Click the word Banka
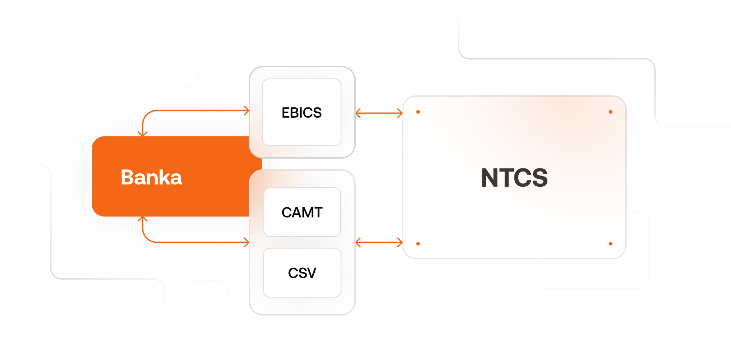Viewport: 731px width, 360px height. click(151, 177)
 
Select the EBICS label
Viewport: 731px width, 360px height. click(302, 113)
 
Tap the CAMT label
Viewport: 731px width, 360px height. click(302, 213)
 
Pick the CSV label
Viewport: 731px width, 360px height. click(302, 273)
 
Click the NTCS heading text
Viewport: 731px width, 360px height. click(514, 178)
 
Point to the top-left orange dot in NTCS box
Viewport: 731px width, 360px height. click(418, 112)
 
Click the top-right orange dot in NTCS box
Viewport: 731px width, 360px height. click(611, 112)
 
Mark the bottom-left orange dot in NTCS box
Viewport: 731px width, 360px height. click(418, 244)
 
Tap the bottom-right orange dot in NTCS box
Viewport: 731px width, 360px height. click(611, 244)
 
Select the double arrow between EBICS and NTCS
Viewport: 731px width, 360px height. click(379, 113)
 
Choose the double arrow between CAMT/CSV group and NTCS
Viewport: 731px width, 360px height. click(379, 242)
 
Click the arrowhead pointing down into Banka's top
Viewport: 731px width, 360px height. click(143, 134)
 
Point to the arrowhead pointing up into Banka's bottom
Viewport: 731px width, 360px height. click(143, 219)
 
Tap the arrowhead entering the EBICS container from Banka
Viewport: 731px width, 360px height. click(247, 110)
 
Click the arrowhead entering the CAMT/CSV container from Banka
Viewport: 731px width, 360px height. click(247, 242)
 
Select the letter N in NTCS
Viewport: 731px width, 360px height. click(489, 178)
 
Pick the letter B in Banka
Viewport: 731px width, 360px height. click(128, 177)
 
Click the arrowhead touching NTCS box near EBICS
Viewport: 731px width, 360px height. click(400, 113)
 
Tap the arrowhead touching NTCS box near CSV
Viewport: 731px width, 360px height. click(400, 242)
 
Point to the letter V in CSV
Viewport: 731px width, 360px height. click(311, 273)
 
